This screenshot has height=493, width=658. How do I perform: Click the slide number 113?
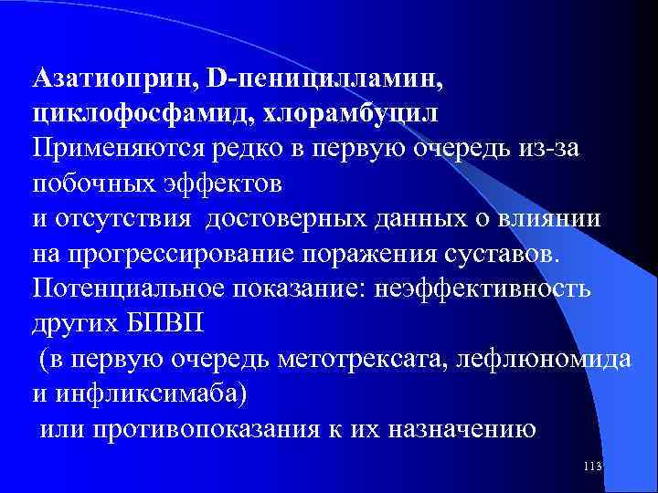(592, 467)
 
